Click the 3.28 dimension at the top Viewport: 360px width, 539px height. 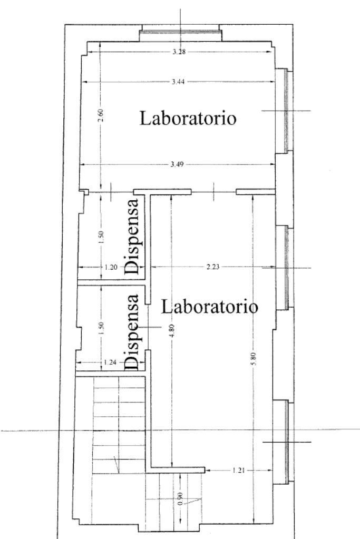pos(179,52)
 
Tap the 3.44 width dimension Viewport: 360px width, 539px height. pos(178,82)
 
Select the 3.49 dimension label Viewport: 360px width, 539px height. pos(177,164)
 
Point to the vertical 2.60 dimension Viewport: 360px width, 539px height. pos(100,115)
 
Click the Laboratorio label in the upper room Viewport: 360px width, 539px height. pos(188,118)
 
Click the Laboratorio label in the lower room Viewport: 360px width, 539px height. pos(209,306)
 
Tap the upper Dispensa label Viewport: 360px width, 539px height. pos(132,236)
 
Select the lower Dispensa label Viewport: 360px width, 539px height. pos(132,332)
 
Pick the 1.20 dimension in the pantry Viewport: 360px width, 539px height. pos(111,267)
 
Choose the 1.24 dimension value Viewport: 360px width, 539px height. pos(110,362)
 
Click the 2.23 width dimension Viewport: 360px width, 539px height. pos(213,267)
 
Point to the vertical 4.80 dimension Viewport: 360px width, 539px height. pos(172,331)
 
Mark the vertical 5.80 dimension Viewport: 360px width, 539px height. pos(254,359)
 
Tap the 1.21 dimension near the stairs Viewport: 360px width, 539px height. pos(238,471)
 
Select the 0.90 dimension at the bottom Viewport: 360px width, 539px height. pos(180,498)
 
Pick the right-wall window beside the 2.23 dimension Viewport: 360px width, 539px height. pos(285,268)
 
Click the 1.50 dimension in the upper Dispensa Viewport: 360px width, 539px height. pos(101,237)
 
